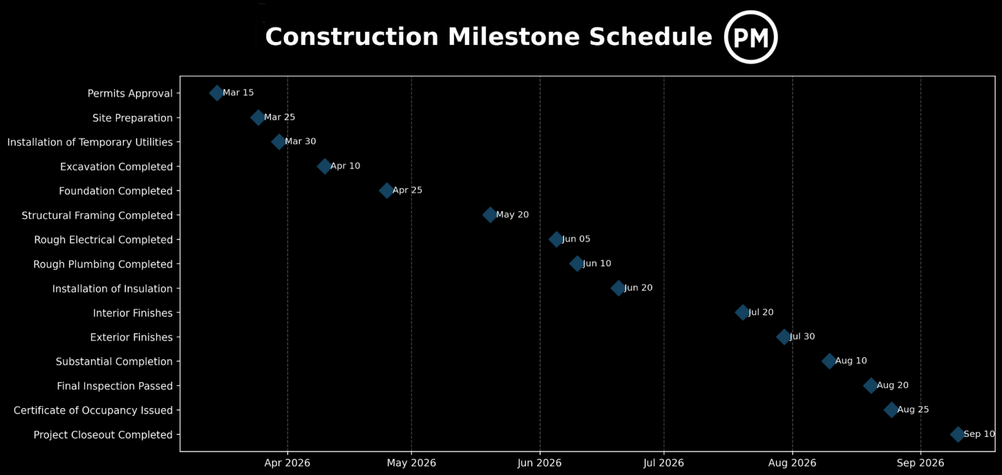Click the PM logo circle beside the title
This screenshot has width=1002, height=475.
(x=750, y=37)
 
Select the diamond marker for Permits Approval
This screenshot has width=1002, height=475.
(x=217, y=93)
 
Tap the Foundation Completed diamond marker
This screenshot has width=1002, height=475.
(x=386, y=190)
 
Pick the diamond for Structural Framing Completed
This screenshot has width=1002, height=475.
(x=490, y=215)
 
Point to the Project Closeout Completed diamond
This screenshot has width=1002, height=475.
(x=958, y=434)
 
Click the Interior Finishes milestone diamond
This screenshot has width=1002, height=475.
(x=742, y=312)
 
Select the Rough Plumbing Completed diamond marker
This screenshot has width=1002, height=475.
(x=577, y=263)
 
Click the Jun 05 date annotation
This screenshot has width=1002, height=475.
(x=576, y=239)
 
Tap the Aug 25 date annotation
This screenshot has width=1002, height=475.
(x=913, y=410)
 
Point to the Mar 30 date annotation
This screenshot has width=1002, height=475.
(x=301, y=141)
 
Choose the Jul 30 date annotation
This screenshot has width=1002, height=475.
(x=802, y=337)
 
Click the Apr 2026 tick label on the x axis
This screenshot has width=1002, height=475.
(x=287, y=463)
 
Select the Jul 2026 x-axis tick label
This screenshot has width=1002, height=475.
(x=664, y=463)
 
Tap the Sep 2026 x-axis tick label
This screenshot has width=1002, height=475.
(x=920, y=463)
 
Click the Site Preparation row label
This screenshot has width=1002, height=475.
(x=132, y=118)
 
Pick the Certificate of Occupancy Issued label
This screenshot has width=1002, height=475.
(x=93, y=411)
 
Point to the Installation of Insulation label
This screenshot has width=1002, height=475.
(x=112, y=289)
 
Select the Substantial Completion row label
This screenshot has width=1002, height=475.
(x=114, y=362)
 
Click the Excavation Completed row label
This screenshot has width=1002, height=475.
(x=116, y=166)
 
